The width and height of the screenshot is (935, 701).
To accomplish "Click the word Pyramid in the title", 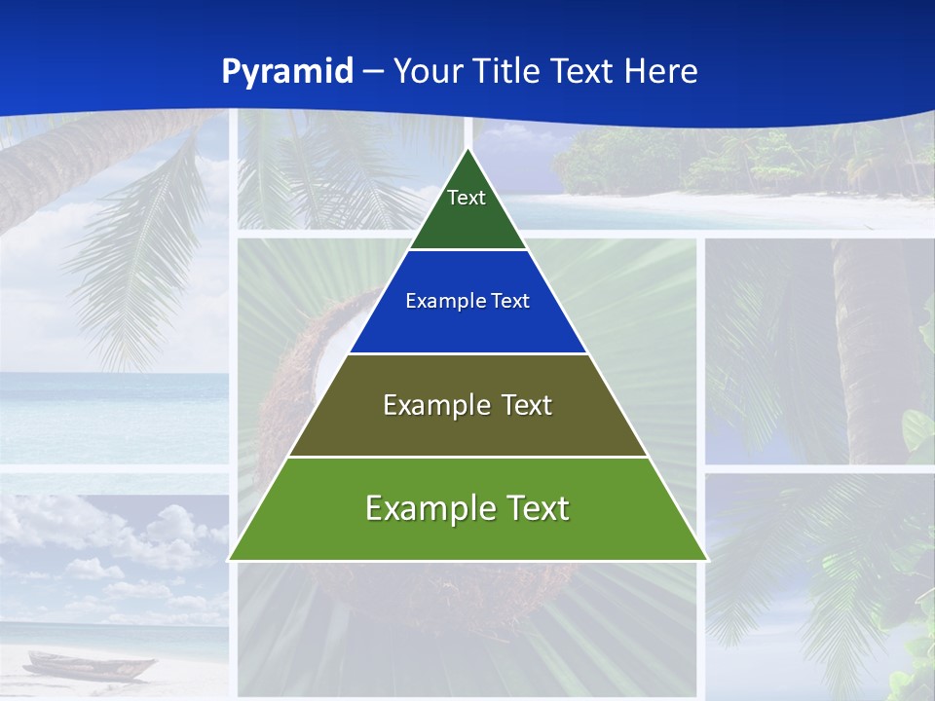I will [x=286, y=72].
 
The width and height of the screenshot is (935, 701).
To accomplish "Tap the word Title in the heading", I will [x=504, y=72].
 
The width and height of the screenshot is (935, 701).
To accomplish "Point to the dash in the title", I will [x=372, y=72].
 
